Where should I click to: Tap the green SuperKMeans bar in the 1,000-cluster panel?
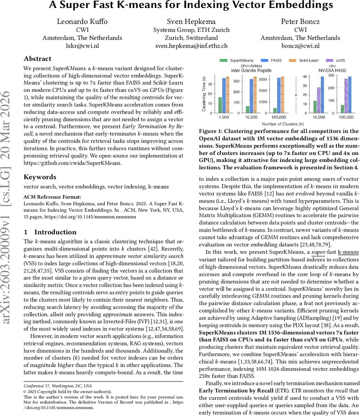(220, 105)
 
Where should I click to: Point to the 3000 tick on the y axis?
(262, 79)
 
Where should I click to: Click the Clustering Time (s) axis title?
(204, 94)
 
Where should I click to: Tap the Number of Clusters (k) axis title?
(283, 124)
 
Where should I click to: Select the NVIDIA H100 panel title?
(328, 70)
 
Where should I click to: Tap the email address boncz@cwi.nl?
(300, 45)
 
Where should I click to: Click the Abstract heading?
(37, 59)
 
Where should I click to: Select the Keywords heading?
(40, 177)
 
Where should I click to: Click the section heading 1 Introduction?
(50, 232)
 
